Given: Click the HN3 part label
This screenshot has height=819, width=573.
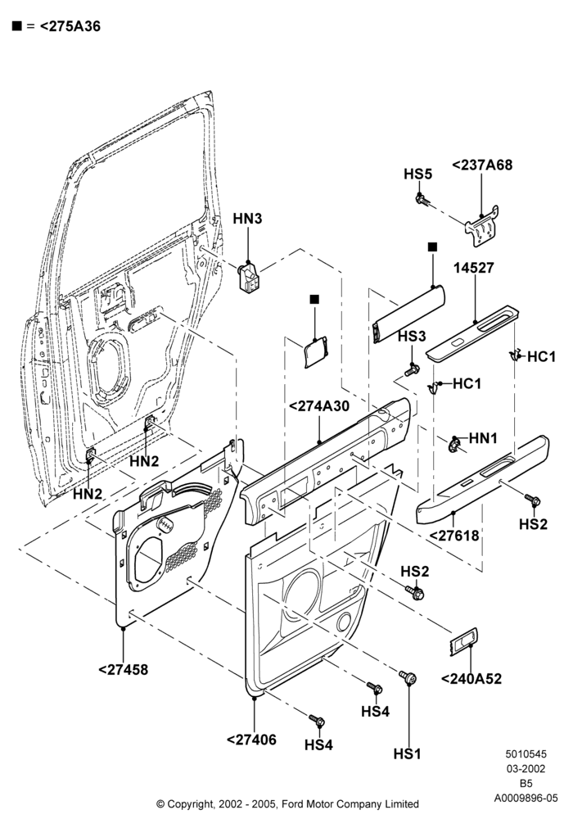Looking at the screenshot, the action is (x=247, y=219).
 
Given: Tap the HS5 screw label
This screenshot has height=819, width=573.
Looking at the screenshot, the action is (x=418, y=174).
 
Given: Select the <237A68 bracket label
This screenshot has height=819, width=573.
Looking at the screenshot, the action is (x=482, y=165).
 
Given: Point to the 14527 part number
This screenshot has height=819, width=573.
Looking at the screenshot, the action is (x=473, y=268).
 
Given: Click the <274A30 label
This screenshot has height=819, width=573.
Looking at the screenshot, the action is (x=319, y=406).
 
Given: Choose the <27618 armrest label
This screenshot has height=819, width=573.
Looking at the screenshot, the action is (x=454, y=536).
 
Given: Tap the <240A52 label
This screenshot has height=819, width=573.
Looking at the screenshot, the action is (x=471, y=678).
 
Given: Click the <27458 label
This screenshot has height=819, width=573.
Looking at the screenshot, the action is (x=123, y=669).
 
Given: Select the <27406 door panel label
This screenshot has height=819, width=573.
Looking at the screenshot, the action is (x=251, y=740).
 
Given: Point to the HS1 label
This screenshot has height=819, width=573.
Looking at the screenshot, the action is (x=407, y=753).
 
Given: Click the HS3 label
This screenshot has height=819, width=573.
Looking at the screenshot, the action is (x=412, y=337).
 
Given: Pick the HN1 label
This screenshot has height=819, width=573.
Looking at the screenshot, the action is (x=483, y=438).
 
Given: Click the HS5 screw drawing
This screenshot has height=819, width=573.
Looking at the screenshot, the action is (x=422, y=200).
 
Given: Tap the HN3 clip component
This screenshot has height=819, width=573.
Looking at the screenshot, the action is (x=247, y=276).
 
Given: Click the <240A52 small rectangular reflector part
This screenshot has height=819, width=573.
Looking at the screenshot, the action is (x=463, y=641).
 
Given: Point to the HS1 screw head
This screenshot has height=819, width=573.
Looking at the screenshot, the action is (x=408, y=677).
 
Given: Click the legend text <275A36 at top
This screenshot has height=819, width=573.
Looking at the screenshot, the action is (x=70, y=26).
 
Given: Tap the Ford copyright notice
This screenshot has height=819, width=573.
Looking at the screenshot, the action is (x=287, y=803).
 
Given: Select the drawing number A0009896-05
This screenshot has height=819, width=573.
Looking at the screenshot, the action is (x=526, y=798).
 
